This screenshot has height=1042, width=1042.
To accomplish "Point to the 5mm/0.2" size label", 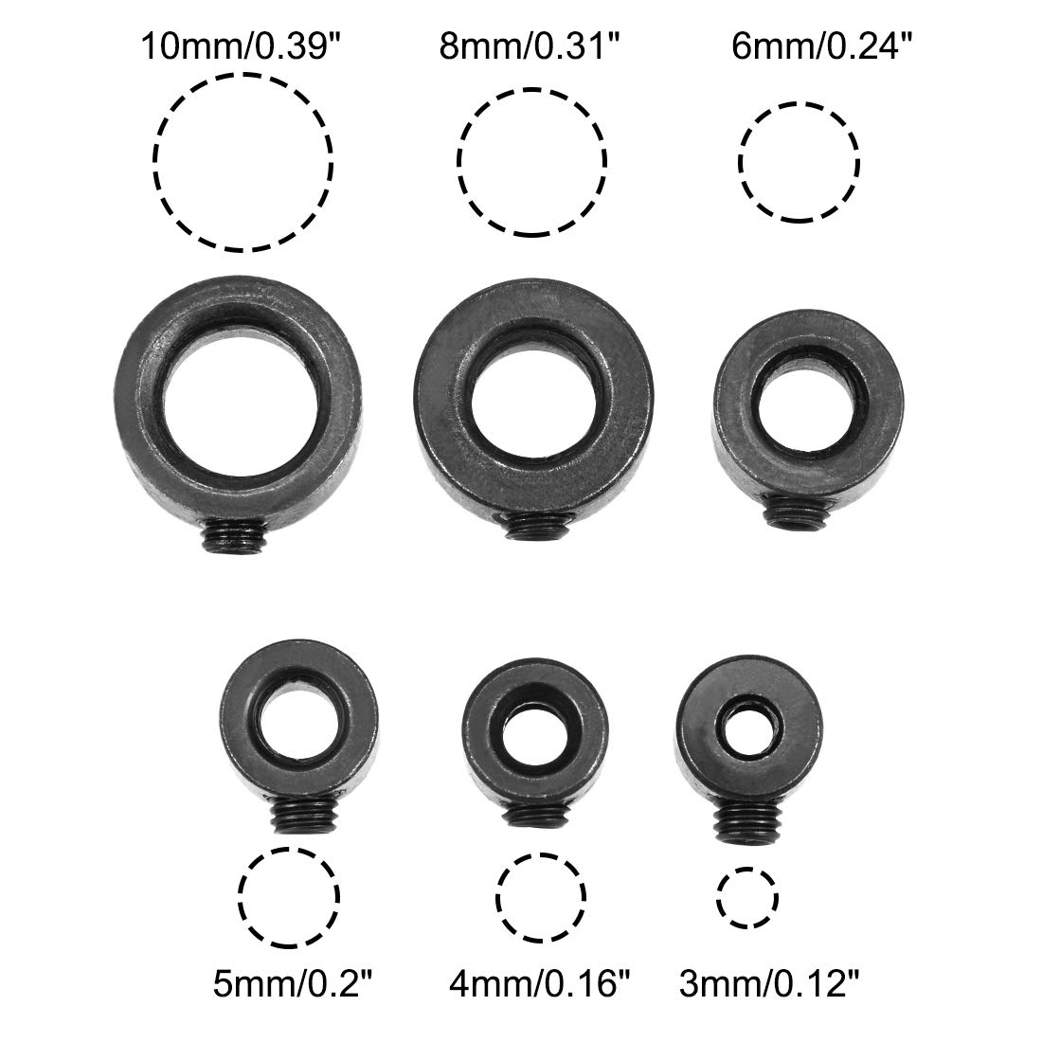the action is click(x=293, y=983).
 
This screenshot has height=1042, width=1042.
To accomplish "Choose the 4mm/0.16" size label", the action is click(x=539, y=983).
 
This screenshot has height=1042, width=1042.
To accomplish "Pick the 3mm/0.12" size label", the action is click(x=769, y=983).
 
